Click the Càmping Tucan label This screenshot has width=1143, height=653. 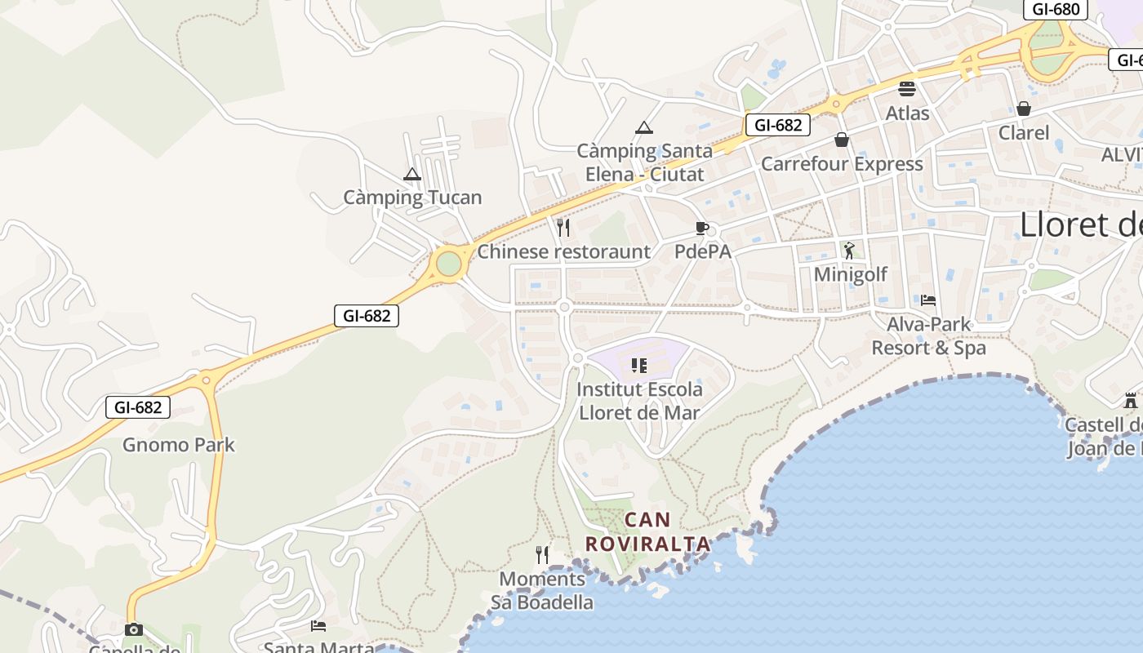point(412,198)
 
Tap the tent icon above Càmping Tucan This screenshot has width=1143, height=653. point(412,174)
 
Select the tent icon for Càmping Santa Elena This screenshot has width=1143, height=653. point(644,127)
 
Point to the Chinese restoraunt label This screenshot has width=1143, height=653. point(563,251)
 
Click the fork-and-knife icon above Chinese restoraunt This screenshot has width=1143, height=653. point(563,227)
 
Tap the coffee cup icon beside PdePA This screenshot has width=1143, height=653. point(701,228)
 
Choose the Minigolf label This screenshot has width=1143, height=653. point(850,274)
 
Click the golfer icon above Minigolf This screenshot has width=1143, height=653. point(849,250)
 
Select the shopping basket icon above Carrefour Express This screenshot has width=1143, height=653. point(842,140)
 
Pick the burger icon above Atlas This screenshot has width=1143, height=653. point(907,89)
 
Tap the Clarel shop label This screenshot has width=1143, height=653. point(1023,132)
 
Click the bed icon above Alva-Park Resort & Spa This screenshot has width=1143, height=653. point(928,300)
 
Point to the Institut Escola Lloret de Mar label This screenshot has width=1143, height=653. point(639,401)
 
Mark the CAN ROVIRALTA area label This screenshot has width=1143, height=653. point(647,531)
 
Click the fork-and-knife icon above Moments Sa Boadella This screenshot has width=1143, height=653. point(542,555)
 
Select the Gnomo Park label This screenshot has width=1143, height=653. point(179,445)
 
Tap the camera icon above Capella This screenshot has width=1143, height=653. point(133,629)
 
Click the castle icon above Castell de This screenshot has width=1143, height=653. point(1131,401)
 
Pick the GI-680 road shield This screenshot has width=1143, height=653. point(1056,9)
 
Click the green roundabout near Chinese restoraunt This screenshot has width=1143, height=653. point(448,264)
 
